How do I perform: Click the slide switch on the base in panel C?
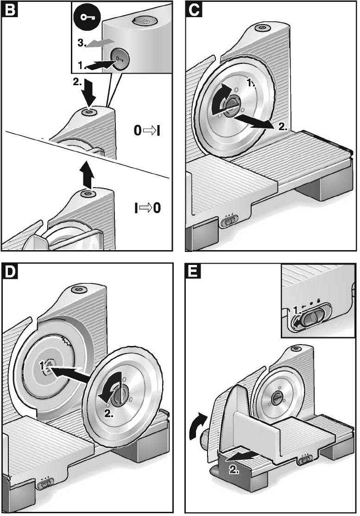(x=229, y=222)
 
